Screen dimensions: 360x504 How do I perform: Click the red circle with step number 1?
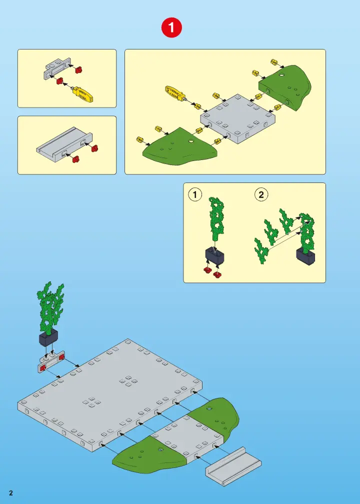pos(171,27)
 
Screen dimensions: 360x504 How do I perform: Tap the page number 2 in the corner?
pos(11,493)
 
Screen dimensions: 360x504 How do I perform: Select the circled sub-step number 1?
pos(195,195)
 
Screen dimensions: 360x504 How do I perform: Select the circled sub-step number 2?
pos(261,195)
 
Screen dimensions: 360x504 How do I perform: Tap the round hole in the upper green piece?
pos(281,75)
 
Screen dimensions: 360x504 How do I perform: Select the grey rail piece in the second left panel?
pos(64,143)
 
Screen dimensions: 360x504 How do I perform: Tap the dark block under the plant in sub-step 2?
pos(305,256)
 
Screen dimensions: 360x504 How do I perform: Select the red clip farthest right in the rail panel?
pos(94,148)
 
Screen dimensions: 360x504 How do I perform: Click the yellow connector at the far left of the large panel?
pos(139,139)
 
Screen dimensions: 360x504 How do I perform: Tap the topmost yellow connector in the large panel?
pos(274,61)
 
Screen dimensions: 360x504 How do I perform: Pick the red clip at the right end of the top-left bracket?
pos(79,69)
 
